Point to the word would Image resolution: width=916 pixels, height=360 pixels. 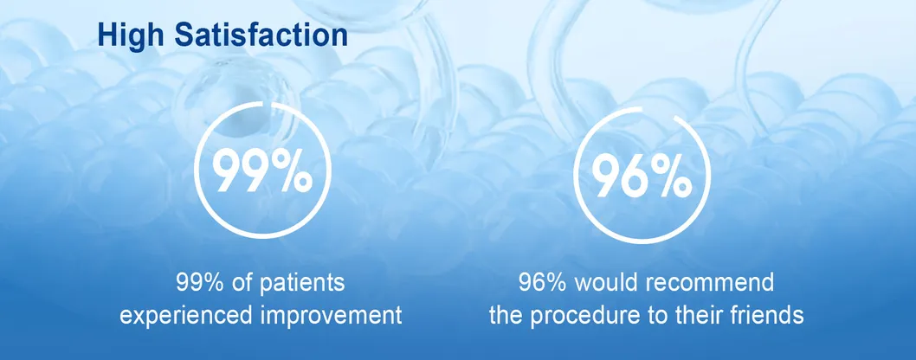(611, 283)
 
